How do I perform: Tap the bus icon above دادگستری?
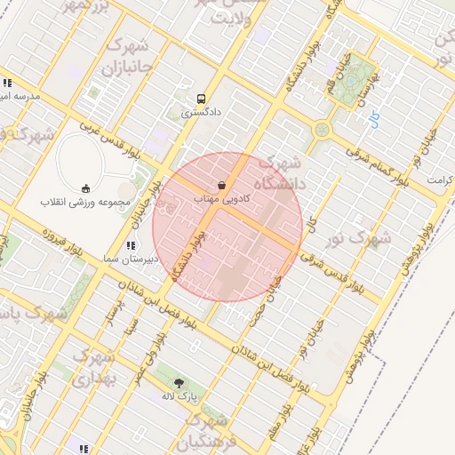pyautogui.click(x=202, y=99)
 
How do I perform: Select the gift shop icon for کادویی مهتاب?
pyautogui.click(x=221, y=185)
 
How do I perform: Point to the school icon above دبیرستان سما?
pyautogui.click(x=131, y=244)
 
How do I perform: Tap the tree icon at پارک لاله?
pyautogui.click(x=180, y=384)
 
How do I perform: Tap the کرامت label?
pyautogui.click(x=439, y=179)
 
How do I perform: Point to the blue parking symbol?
pyautogui.click(x=373, y=116)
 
